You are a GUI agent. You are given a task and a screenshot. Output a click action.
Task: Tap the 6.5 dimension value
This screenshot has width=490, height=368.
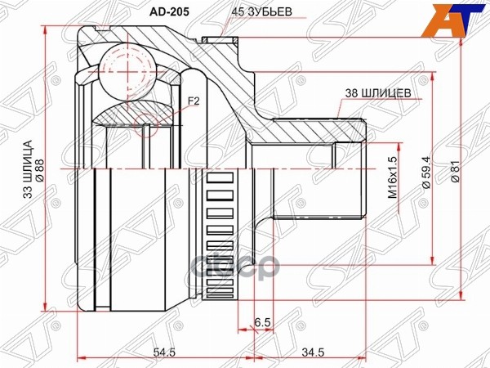point(261,322)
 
